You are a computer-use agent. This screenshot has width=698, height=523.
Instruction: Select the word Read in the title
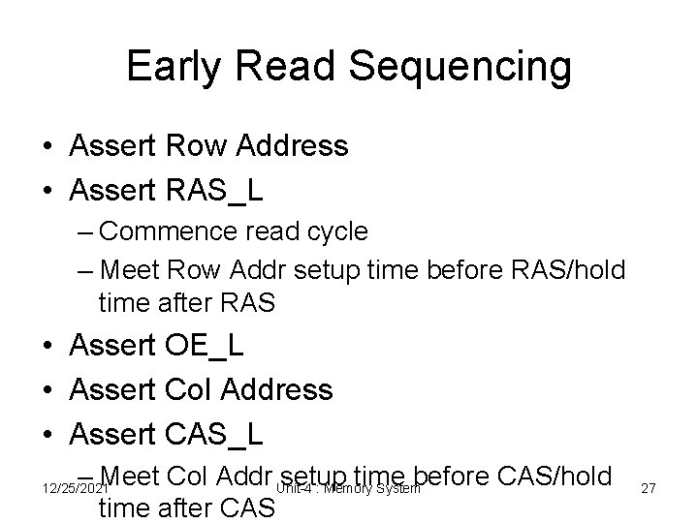(x=297, y=67)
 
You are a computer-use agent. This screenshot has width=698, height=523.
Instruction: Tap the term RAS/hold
(x=575, y=267)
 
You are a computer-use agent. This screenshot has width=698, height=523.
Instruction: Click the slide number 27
(x=649, y=490)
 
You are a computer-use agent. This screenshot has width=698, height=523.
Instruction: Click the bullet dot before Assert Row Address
(x=47, y=147)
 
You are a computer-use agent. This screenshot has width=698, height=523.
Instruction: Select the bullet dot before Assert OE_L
(x=47, y=346)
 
